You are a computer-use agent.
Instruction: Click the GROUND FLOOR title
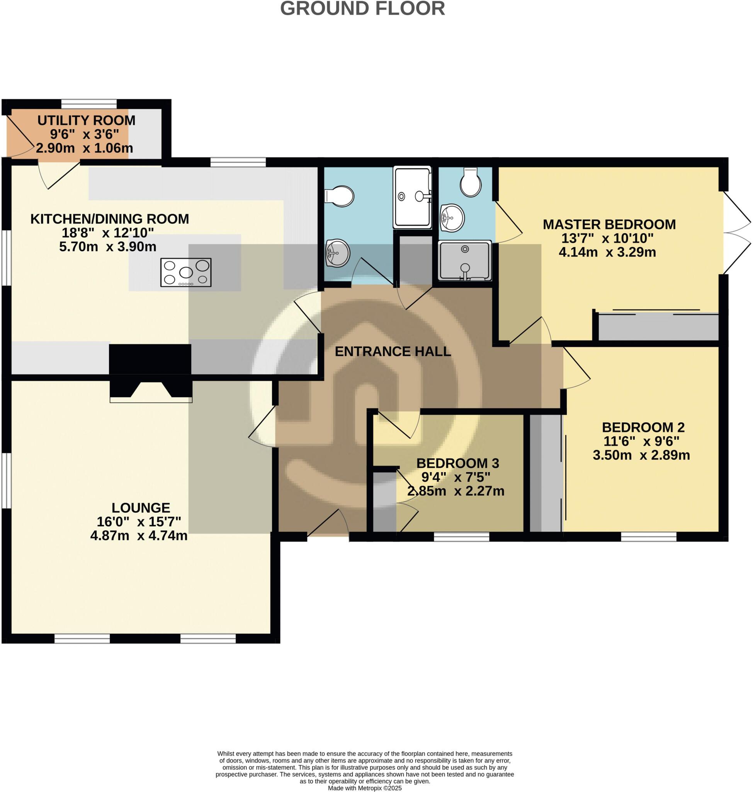(362, 9)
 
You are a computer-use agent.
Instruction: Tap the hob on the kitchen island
(186, 272)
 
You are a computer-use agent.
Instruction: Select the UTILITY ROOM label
(86, 120)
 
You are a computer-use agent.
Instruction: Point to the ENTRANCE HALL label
(393, 352)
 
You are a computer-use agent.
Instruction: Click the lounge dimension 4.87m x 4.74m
(139, 536)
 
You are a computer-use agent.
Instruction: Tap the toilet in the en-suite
(471, 183)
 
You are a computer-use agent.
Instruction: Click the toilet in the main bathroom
(340, 196)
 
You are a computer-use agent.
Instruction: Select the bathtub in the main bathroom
(412, 197)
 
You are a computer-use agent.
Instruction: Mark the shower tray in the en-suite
(465, 260)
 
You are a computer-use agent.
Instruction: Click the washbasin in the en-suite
(452, 218)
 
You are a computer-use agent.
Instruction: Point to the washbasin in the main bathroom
(338, 253)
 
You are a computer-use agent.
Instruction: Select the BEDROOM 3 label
(457, 463)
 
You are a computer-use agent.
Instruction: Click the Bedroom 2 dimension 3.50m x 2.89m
(641, 455)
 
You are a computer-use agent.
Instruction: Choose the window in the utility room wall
(89, 104)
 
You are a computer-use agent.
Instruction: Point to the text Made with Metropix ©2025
(364, 788)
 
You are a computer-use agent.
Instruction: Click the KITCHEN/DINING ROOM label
(110, 219)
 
